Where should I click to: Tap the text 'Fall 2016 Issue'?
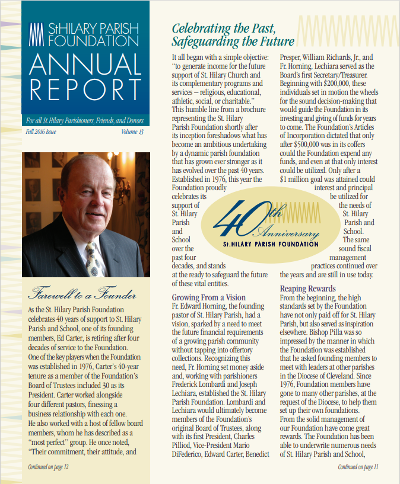(x=42, y=132)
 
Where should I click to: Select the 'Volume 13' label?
(x=132, y=132)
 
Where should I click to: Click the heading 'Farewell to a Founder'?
(x=81, y=294)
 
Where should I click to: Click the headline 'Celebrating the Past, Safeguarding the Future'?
(x=233, y=34)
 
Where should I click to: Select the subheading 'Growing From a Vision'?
(x=208, y=297)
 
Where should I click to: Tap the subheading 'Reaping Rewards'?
(x=309, y=289)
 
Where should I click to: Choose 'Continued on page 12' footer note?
(x=49, y=467)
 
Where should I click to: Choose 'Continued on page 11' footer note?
(x=358, y=467)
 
